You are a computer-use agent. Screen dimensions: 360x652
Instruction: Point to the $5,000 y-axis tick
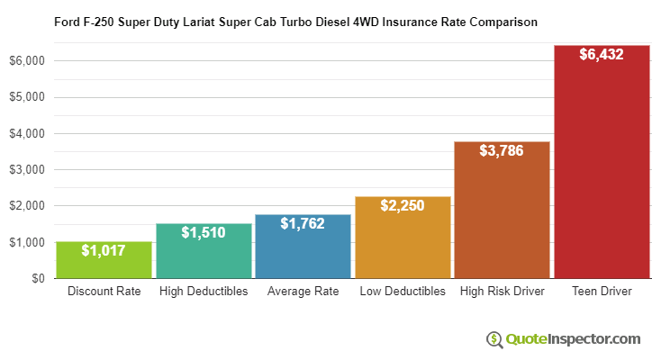coord(29,97)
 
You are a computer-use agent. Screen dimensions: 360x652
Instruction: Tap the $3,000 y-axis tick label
coord(29,170)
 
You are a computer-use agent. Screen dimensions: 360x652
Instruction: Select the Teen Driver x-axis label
coord(602,292)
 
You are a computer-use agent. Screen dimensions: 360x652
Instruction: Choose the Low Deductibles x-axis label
coord(403,292)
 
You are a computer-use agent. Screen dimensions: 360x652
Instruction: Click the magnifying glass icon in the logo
coord(494,339)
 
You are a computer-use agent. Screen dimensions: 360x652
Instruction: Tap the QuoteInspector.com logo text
coord(573,339)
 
